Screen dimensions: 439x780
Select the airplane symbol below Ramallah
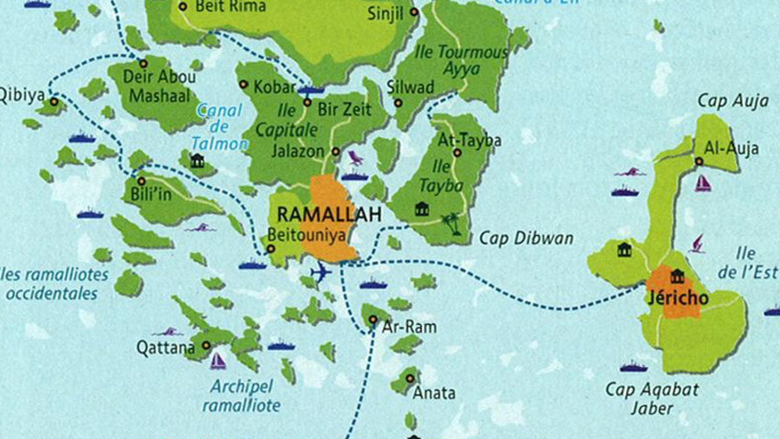coord(320,274)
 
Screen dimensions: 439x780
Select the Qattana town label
coord(165,348)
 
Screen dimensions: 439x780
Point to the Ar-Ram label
coord(409,327)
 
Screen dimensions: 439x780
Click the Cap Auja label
coord(732,101)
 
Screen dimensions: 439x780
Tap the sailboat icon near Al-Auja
coord(703,183)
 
